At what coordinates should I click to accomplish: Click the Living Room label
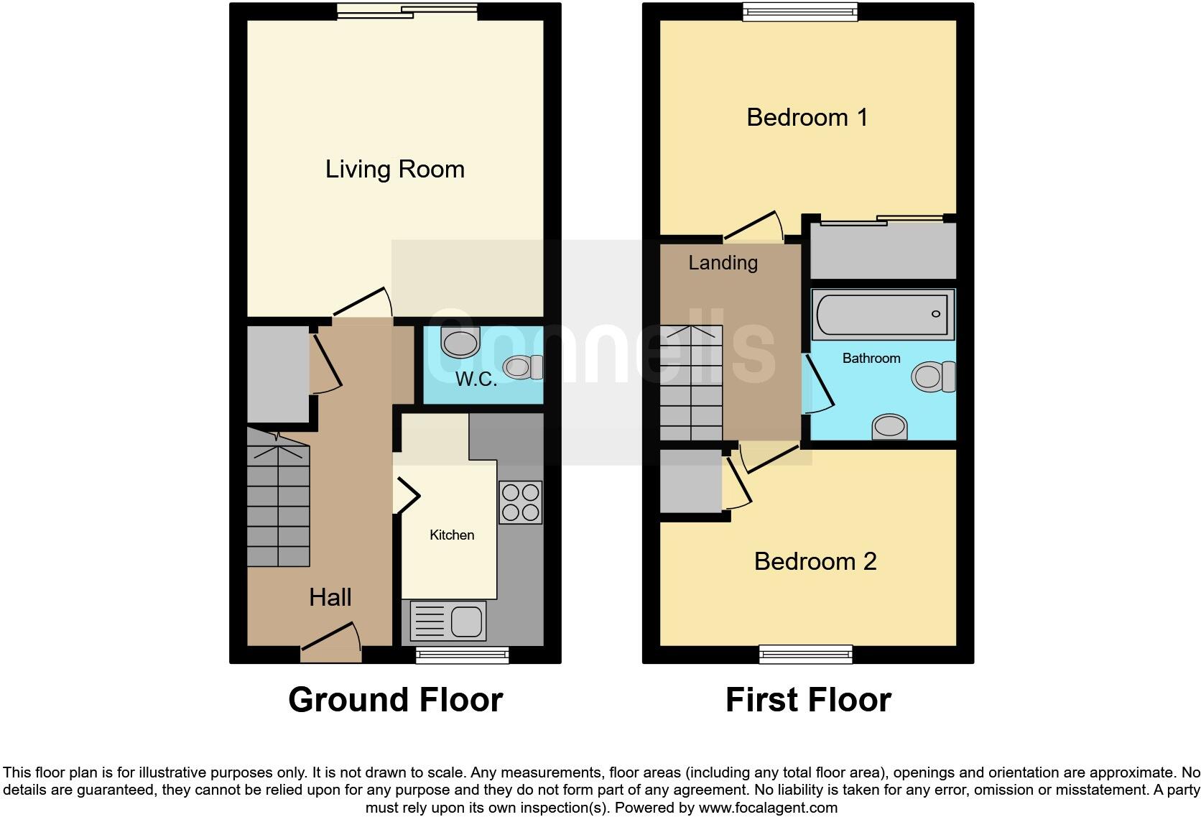pos(394,170)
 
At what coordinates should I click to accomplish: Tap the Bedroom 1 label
pos(807,117)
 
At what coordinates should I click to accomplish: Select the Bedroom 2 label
pos(815,561)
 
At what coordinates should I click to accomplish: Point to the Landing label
pos(723,263)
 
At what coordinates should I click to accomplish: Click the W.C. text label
pos(476,379)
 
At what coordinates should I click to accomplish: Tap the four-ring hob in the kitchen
pos(520,502)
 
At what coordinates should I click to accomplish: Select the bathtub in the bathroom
pos(882,315)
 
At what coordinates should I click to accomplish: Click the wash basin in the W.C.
pos(460,342)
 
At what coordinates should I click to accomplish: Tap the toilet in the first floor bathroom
pos(934,377)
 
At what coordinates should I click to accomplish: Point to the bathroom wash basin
pos(889,426)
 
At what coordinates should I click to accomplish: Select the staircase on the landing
pos(691,384)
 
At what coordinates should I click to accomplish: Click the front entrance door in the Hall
pos(330,645)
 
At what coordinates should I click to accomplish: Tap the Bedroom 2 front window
pos(806,653)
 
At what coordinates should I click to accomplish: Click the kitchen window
pos(462,654)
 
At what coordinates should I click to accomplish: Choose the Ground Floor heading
pos(395,700)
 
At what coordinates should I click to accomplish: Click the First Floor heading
pos(808,700)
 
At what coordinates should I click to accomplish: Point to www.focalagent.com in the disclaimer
pos(767,808)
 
